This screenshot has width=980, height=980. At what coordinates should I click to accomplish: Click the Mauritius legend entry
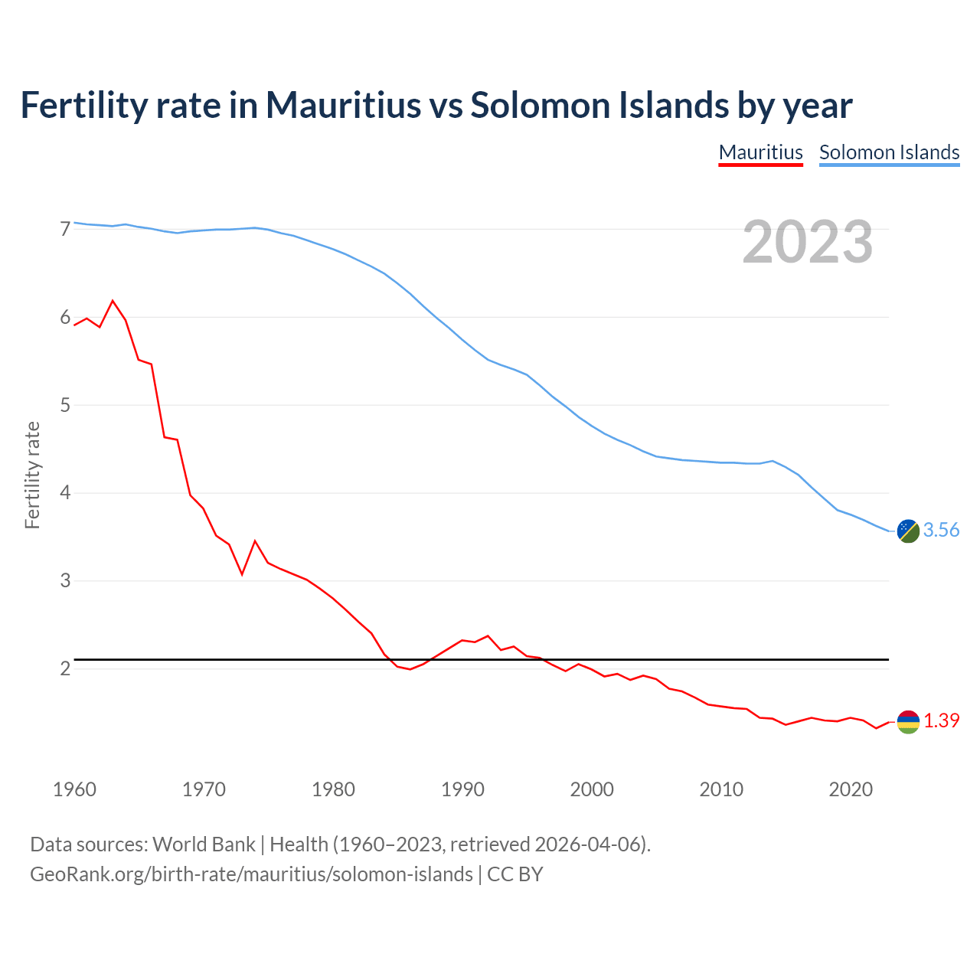(x=760, y=152)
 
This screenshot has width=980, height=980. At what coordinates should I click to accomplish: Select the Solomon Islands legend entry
(x=889, y=152)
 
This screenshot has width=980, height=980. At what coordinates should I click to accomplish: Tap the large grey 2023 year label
(x=808, y=242)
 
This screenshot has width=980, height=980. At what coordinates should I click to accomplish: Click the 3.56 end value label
(x=941, y=530)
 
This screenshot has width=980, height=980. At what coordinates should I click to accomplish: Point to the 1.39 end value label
(x=941, y=720)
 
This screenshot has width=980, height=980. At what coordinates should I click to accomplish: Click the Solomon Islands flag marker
(x=908, y=531)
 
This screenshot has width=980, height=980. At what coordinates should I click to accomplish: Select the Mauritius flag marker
(x=908, y=721)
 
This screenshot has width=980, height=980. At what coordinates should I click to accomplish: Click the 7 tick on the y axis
(x=65, y=229)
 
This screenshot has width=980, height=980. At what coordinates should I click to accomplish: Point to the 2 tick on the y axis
(x=65, y=668)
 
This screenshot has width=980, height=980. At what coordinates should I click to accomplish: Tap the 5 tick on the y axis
(x=65, y=405)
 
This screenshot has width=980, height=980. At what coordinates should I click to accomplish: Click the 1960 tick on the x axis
(x=74, y=789)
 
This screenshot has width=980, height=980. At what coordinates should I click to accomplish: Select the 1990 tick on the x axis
(x=462, y=789)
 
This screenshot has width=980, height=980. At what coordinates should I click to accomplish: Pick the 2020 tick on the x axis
(x=851, y=789)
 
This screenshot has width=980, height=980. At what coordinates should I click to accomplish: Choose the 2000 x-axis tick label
(x=592, y=789)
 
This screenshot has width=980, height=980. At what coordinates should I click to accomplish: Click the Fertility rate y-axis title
(x=32, y=475)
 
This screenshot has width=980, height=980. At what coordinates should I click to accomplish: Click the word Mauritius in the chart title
(x=343, y=105)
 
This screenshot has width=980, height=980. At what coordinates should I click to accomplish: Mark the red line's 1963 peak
(x=113, y=301)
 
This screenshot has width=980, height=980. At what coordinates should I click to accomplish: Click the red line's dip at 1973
(x=242, y=573)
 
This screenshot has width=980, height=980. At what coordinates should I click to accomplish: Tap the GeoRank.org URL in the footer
(x=251, y=874)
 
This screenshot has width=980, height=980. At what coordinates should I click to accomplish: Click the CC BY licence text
(x=515, y=874)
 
